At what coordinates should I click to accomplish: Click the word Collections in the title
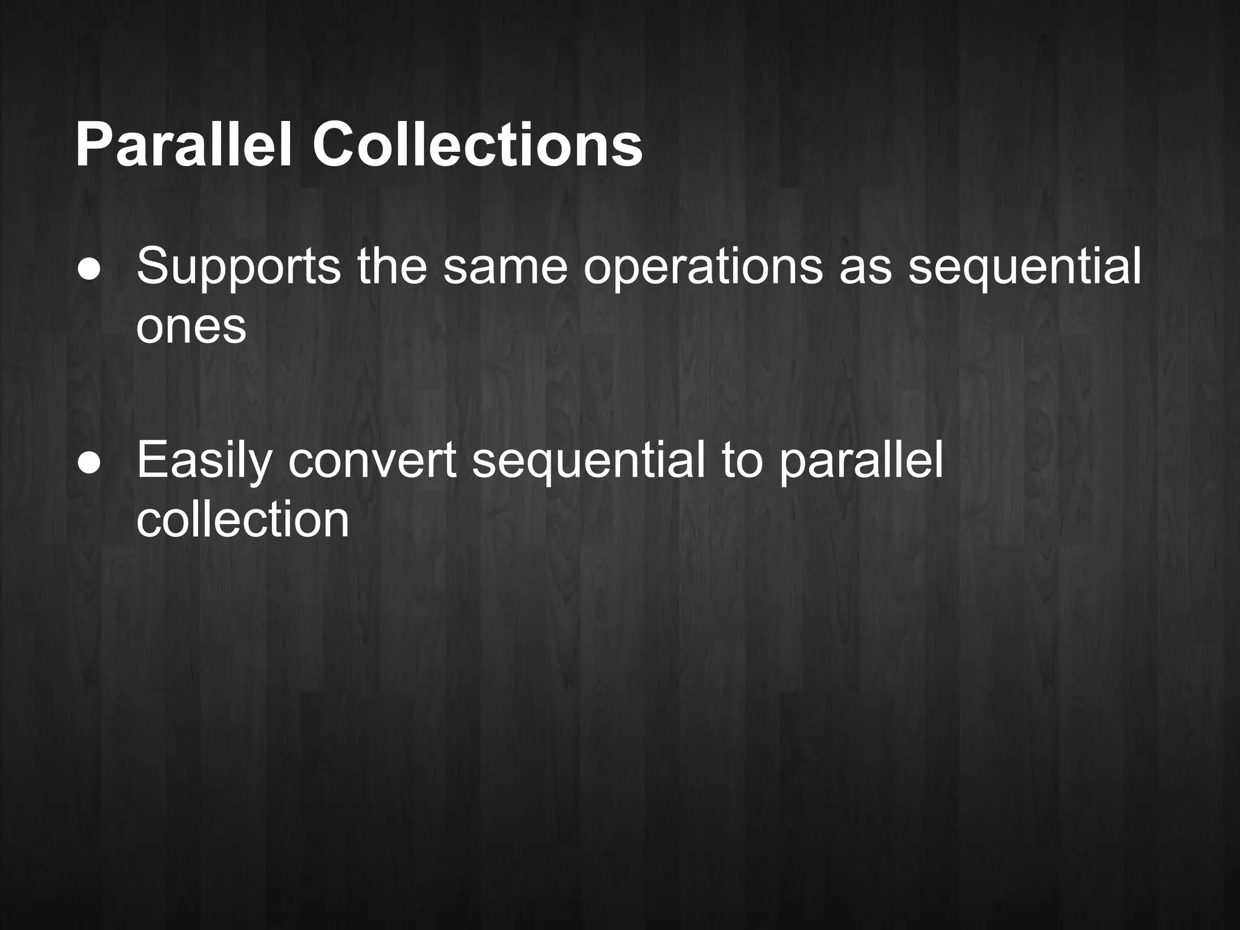(477, 146)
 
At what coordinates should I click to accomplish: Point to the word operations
(702, 268)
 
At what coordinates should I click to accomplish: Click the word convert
(372, 462)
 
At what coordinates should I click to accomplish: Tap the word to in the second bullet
(742, 462)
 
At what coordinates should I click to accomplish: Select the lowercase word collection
(243, 521)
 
